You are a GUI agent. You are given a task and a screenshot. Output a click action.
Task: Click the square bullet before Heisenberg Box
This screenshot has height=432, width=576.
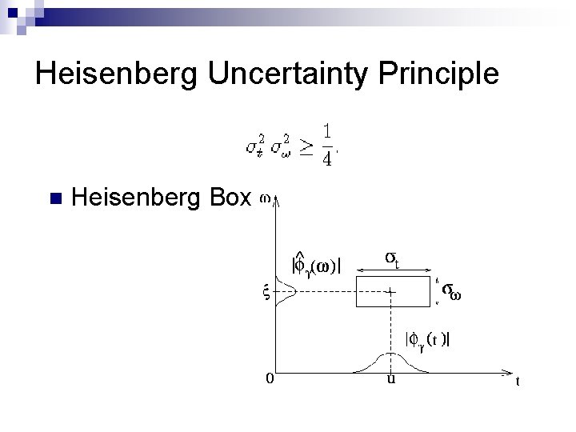click(x=54, y=198)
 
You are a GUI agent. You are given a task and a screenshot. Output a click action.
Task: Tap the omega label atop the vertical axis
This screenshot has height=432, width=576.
click(x=265, y=195)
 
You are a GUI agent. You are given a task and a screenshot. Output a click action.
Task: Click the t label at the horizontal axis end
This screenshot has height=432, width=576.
click(x=518, y=382)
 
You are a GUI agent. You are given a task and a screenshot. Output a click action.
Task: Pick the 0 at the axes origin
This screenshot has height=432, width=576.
click(x=270, y=379)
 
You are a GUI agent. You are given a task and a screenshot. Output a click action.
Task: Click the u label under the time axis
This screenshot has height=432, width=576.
click(x=390, y=379)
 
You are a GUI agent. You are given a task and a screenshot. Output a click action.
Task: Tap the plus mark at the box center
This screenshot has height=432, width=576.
click(x=390, y=292)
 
